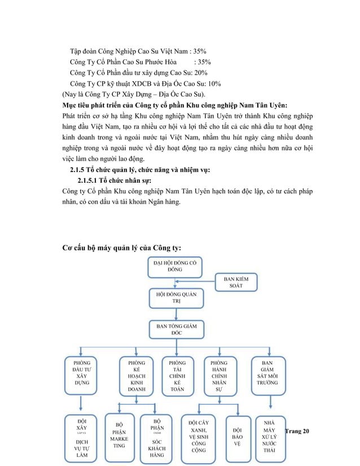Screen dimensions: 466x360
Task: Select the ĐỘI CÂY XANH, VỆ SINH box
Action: pos(198,436)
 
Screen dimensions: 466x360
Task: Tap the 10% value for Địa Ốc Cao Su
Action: pos(213,83)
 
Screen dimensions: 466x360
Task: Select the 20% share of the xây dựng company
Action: pos(201,73)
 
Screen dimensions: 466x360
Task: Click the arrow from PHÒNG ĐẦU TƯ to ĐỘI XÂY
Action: pos(82,403)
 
